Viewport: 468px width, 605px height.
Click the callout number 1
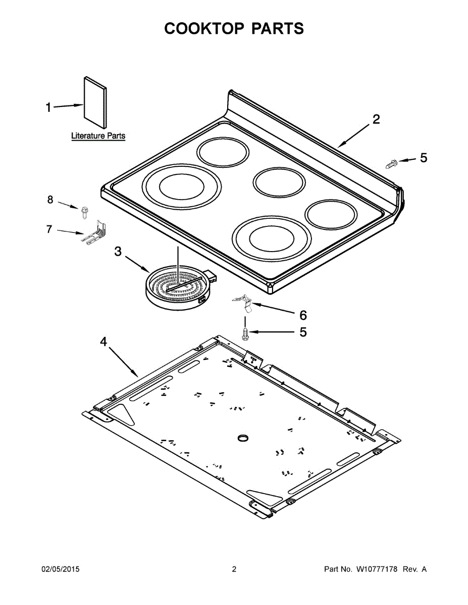(48, 107)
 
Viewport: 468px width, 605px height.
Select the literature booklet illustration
(95, 103)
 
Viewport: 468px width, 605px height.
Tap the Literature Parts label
(98, 136)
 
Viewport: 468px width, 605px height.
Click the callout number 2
(376, 119)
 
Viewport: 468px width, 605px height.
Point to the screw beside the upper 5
(392, 163)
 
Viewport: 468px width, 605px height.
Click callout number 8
(50, 200)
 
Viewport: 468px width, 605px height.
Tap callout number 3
(118, 251)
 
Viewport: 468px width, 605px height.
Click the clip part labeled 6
(244, 302)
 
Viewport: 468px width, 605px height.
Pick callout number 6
(303, 316)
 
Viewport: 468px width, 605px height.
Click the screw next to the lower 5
(245, 334)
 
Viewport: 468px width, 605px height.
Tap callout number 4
(103, 342)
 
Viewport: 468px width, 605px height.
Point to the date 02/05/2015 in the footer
(60, 569)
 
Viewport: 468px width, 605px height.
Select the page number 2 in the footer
(234, 569)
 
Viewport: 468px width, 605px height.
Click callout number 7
(49, 229)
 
